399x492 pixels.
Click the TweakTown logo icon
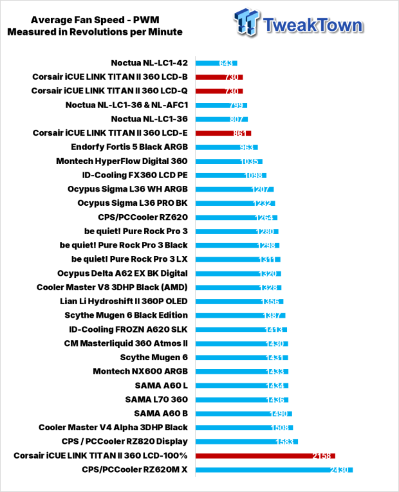246,23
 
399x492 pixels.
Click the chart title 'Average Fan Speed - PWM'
95,20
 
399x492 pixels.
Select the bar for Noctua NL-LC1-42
216,63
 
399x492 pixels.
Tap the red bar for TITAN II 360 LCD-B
219,77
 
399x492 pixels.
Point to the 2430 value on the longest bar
339,469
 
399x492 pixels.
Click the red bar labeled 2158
265,455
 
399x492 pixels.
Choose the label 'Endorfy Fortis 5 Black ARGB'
129,147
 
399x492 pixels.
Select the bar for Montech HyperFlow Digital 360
229,161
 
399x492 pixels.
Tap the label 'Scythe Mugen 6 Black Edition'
126,315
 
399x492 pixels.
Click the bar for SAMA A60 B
244,414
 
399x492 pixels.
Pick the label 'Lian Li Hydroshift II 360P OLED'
124,301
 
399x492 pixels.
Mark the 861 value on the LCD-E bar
240,133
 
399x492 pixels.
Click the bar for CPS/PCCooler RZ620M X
274,469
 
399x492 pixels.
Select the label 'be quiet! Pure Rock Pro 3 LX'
129,259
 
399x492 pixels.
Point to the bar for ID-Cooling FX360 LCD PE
231,175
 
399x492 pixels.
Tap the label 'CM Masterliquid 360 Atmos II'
126,343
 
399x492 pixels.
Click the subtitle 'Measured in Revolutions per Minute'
95,32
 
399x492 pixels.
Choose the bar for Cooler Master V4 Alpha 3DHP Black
245,428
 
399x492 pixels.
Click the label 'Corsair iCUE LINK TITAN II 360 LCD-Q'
109,91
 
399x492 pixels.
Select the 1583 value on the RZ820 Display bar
284,442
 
